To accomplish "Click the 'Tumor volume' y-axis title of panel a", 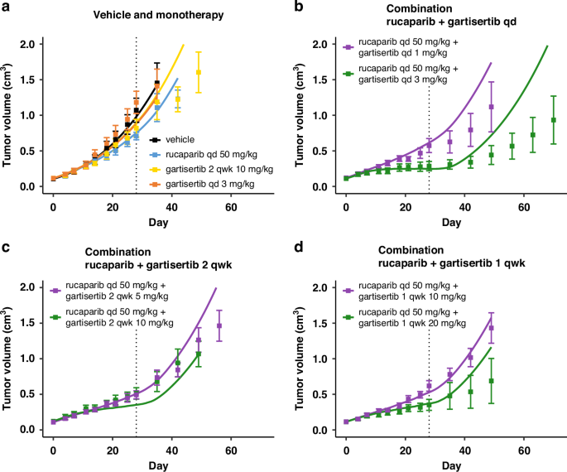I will pos(9,116).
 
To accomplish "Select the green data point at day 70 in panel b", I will pos(553,120).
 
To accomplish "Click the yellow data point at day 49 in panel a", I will pos(199,72).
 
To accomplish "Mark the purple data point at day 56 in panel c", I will pos(219,325).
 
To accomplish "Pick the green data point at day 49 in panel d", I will pos(492,381).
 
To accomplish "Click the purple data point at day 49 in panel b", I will pos(492,107).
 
